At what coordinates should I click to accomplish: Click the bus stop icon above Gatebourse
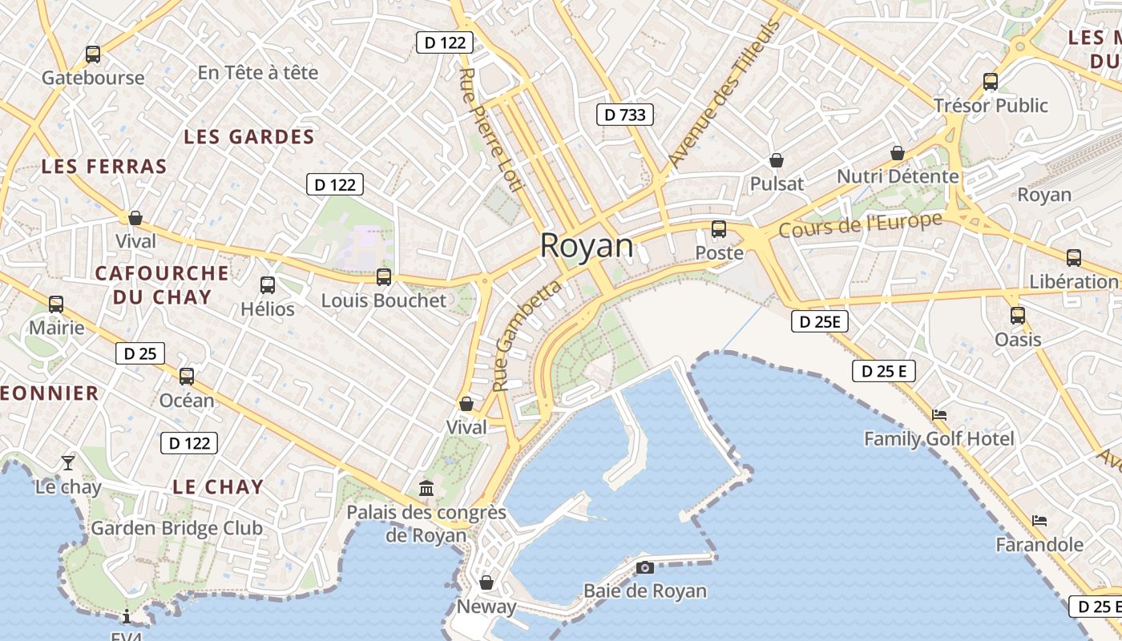[93, 54]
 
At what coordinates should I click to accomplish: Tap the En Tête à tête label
[258, 73]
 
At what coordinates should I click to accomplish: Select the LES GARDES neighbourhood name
[249, 137]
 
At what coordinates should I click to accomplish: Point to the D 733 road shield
[625, 115]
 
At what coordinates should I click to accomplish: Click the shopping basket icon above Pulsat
[776, 160]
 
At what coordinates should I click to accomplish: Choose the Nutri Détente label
[898, 176]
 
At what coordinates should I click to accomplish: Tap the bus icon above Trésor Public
[991, 81]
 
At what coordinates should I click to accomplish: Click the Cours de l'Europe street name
[860, 225]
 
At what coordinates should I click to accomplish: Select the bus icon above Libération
[1074, 258]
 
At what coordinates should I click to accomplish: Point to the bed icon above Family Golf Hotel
[939, 415]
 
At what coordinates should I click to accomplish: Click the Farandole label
[1039, 545]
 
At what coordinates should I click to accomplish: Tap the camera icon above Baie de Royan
[644, 568]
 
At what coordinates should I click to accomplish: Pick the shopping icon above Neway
[486, 583]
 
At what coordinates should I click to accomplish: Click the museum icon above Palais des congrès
[426, 487]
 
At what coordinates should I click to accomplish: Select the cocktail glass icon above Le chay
[68, 463]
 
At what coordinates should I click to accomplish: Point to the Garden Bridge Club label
[176, 528]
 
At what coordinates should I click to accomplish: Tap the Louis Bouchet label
[384, 300]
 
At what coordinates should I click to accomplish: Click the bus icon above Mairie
[56, 304]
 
